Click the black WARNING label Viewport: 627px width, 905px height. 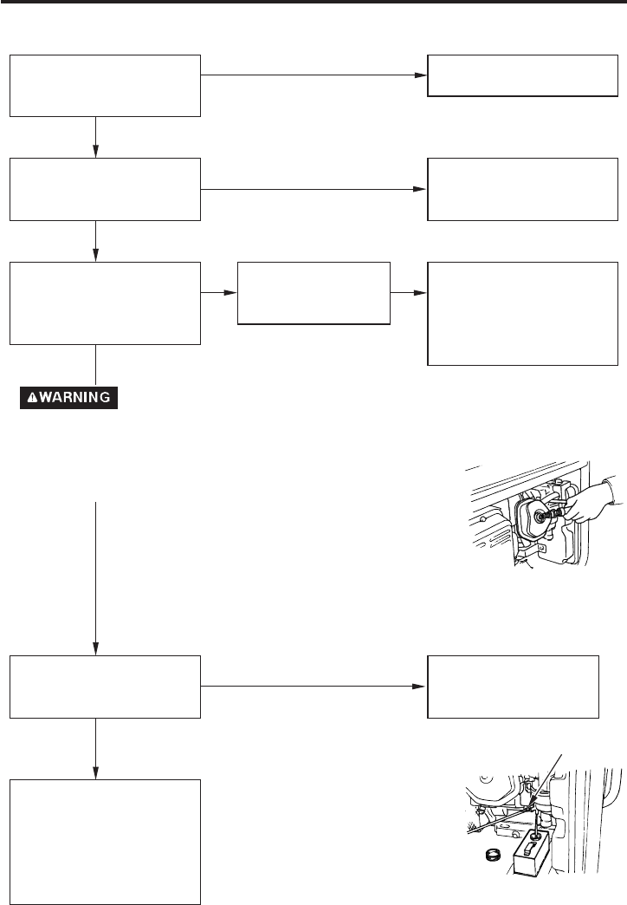pyautogui.click(x=69, y=398)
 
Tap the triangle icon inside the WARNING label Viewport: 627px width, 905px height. pyautogui.click(x=32, y=398)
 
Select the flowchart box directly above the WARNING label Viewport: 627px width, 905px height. pyautogui.click(x=105, y=303)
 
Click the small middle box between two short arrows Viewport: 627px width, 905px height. pyautogui.click(x=313, y=292)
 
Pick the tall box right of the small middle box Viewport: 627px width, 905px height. pyautogui.click(x=523, y=313)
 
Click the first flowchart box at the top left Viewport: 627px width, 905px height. pyautogui.click(x=105, y=85)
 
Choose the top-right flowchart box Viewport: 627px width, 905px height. pyautogui.click(x=518, y=76)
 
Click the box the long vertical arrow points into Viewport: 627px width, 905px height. pyautogui.click(x=105, y=686)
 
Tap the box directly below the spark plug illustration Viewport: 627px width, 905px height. pyautogui.click(x=514, y=686)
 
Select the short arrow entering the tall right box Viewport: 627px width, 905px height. pyautogui.click(x=409, y=293)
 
